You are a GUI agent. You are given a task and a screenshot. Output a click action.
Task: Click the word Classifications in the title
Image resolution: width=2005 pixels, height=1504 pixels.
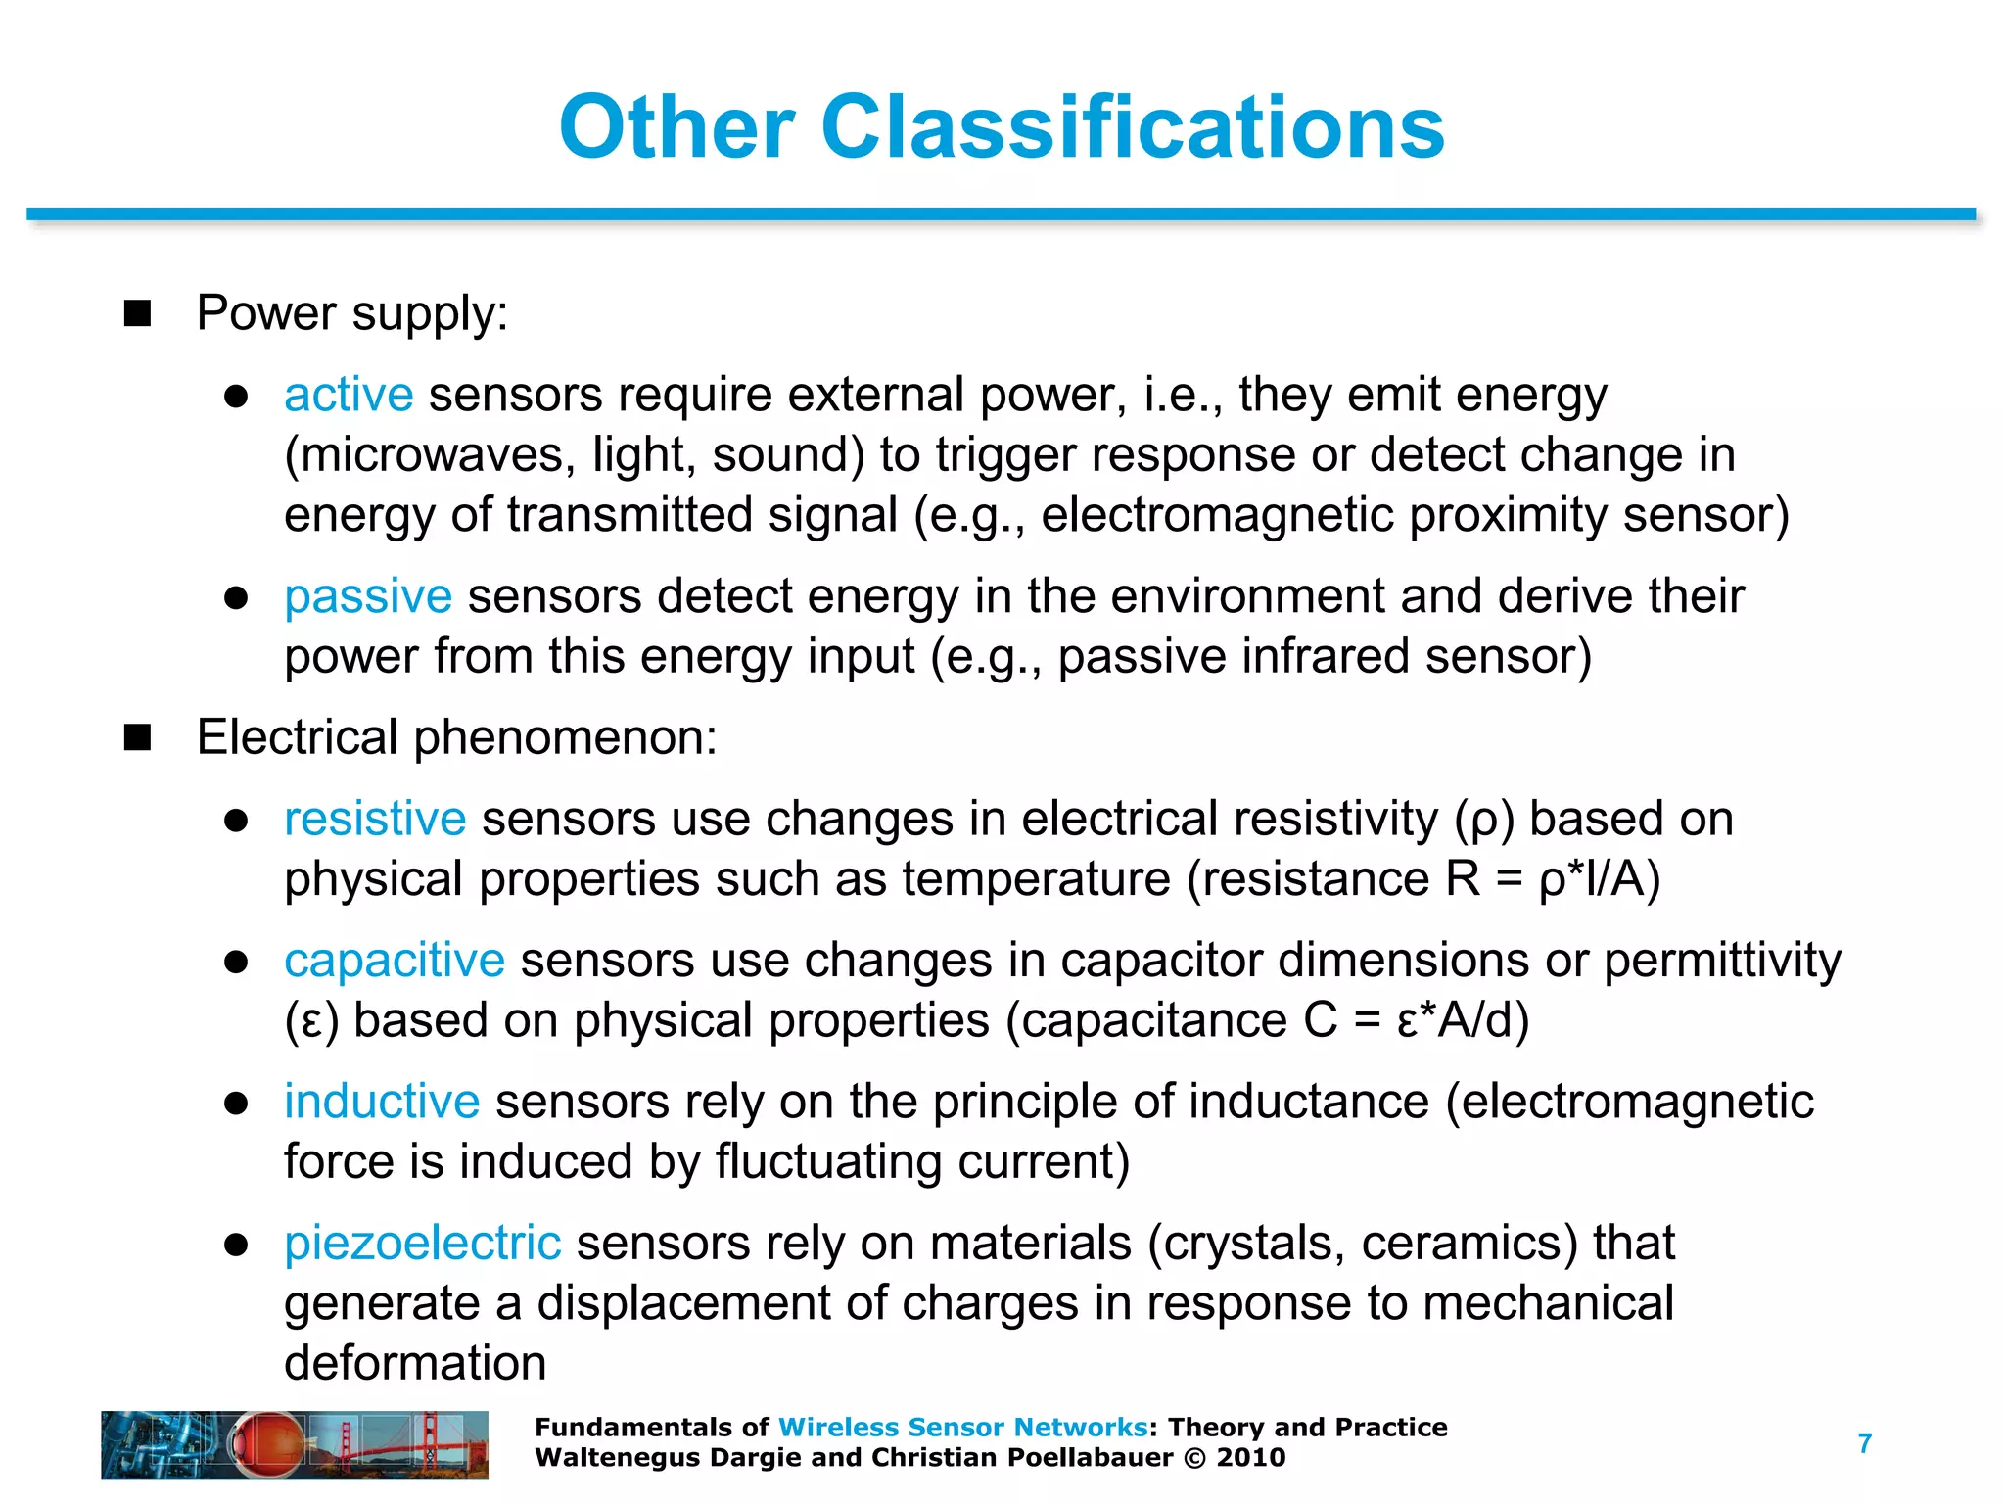tap(1132, 127)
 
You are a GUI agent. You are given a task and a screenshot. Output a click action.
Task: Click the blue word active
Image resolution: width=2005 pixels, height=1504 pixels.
tap(349, 395)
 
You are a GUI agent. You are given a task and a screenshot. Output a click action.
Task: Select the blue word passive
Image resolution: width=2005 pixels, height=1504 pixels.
tap(368, 596)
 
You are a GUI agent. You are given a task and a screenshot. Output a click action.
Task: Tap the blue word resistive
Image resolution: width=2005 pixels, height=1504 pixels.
tap(375, 819)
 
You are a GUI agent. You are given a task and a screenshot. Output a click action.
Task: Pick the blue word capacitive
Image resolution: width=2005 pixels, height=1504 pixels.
tap(395, 961)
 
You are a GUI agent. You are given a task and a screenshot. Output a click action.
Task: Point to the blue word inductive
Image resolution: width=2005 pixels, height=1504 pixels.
tap(382, 1102)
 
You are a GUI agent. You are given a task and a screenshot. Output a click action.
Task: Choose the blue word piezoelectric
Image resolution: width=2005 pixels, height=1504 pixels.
tap(423, 1244)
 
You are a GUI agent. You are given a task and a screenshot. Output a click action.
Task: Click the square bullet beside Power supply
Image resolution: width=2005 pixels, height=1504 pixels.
tap(138, 313)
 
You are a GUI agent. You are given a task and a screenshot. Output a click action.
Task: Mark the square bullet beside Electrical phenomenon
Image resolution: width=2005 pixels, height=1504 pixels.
tap(138, 737)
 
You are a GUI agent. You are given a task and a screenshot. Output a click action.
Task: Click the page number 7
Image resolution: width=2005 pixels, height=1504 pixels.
tap(1865, 1443)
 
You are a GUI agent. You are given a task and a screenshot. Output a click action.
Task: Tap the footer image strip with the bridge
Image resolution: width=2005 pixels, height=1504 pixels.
tap(295, 1444)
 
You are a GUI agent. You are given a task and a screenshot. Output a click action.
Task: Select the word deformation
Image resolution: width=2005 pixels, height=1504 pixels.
tap(415, 1363)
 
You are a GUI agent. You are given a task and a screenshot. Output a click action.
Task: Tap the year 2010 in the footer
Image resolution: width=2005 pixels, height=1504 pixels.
tap(1251, 1458)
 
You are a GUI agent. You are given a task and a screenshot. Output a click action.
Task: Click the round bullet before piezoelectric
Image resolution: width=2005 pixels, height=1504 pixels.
tap(236, 1245)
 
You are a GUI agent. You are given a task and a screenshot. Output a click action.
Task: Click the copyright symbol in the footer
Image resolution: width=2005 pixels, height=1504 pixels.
tap(1194, 1458)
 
